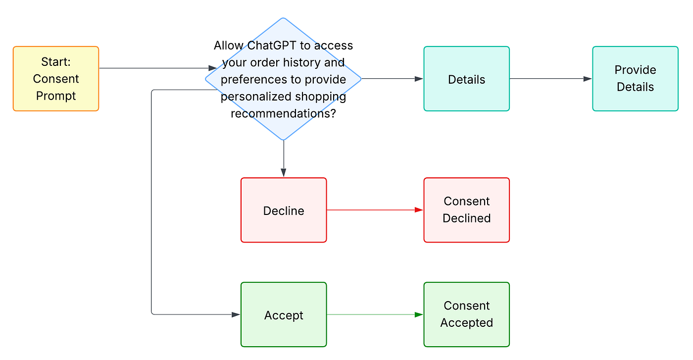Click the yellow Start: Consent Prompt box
click(x=56, y=79)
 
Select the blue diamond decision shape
click(x=283, y=79)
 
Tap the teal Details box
click(x=466, y=79)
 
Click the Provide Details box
click(x=635, y=79)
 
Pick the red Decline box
click(x=284, y=210)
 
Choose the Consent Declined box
click(x=466, y=210)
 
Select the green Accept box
click(x=284, y=315)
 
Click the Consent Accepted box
click(x=466, y=314)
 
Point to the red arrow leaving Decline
click(x=375, y=210)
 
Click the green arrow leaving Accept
click(x=375, y=314)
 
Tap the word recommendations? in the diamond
click(x=283, y=113)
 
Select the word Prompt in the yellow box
click(x=56, y=96)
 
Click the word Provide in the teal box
click(x=635, y=70)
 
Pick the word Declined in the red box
click(x=466, y=218)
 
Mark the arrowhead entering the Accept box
click(x=236, y=314)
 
